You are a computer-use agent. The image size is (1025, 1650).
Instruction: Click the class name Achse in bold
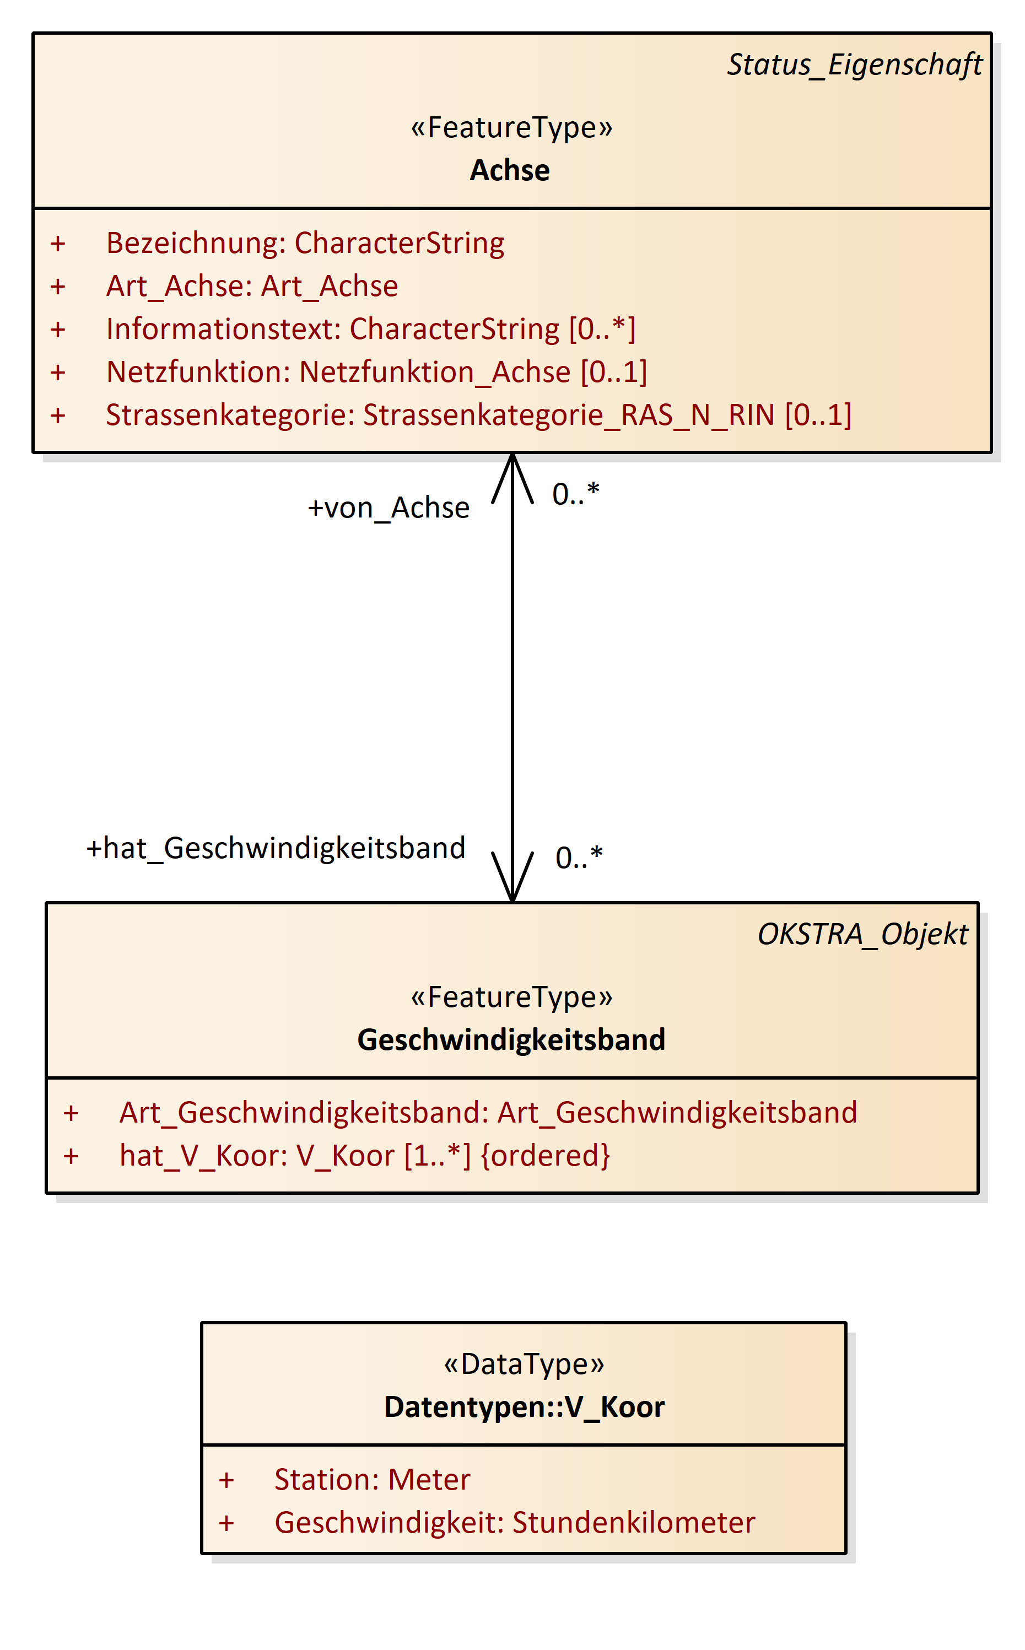click(x=510, y=170)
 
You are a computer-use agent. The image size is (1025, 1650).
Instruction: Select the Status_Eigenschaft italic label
click(x=854, y=65)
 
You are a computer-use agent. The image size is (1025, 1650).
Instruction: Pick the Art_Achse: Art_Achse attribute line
click(x=252, y=286)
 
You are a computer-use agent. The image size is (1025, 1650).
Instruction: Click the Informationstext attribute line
click(x=371, y=330)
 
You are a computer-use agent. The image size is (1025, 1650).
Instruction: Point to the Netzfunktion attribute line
click(x=376, y=372)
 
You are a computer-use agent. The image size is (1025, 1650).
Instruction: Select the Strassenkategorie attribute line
click(x=478, y=415)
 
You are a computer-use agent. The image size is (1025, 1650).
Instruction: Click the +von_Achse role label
click(x=389, y=508)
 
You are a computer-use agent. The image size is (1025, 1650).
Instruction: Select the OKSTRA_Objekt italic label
click(x=862, y=934)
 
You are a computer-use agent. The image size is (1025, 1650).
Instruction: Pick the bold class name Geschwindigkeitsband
click(x=511, y=1040)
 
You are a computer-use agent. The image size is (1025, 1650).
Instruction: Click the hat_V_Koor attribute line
click(x=365, y=1156)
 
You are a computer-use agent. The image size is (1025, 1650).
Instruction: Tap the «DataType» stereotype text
click(x=524, y=1364)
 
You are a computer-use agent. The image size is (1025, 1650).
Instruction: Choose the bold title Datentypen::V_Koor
click(x=524, y=1408)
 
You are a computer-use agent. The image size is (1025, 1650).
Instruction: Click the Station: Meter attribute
click(x=372, y=1480)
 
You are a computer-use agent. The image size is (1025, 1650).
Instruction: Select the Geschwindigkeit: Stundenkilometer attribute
click(x=515, y=1523)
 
